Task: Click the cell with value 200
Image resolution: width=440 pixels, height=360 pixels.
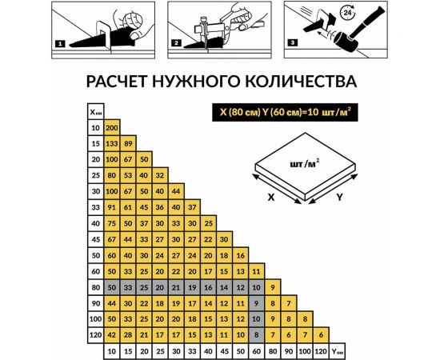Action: [112, 129]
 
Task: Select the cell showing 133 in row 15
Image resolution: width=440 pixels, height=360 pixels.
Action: [112, 144]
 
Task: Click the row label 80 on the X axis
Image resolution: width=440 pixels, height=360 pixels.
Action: [95, 287]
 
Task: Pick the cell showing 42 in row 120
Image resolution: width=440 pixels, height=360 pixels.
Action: [112, 334]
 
